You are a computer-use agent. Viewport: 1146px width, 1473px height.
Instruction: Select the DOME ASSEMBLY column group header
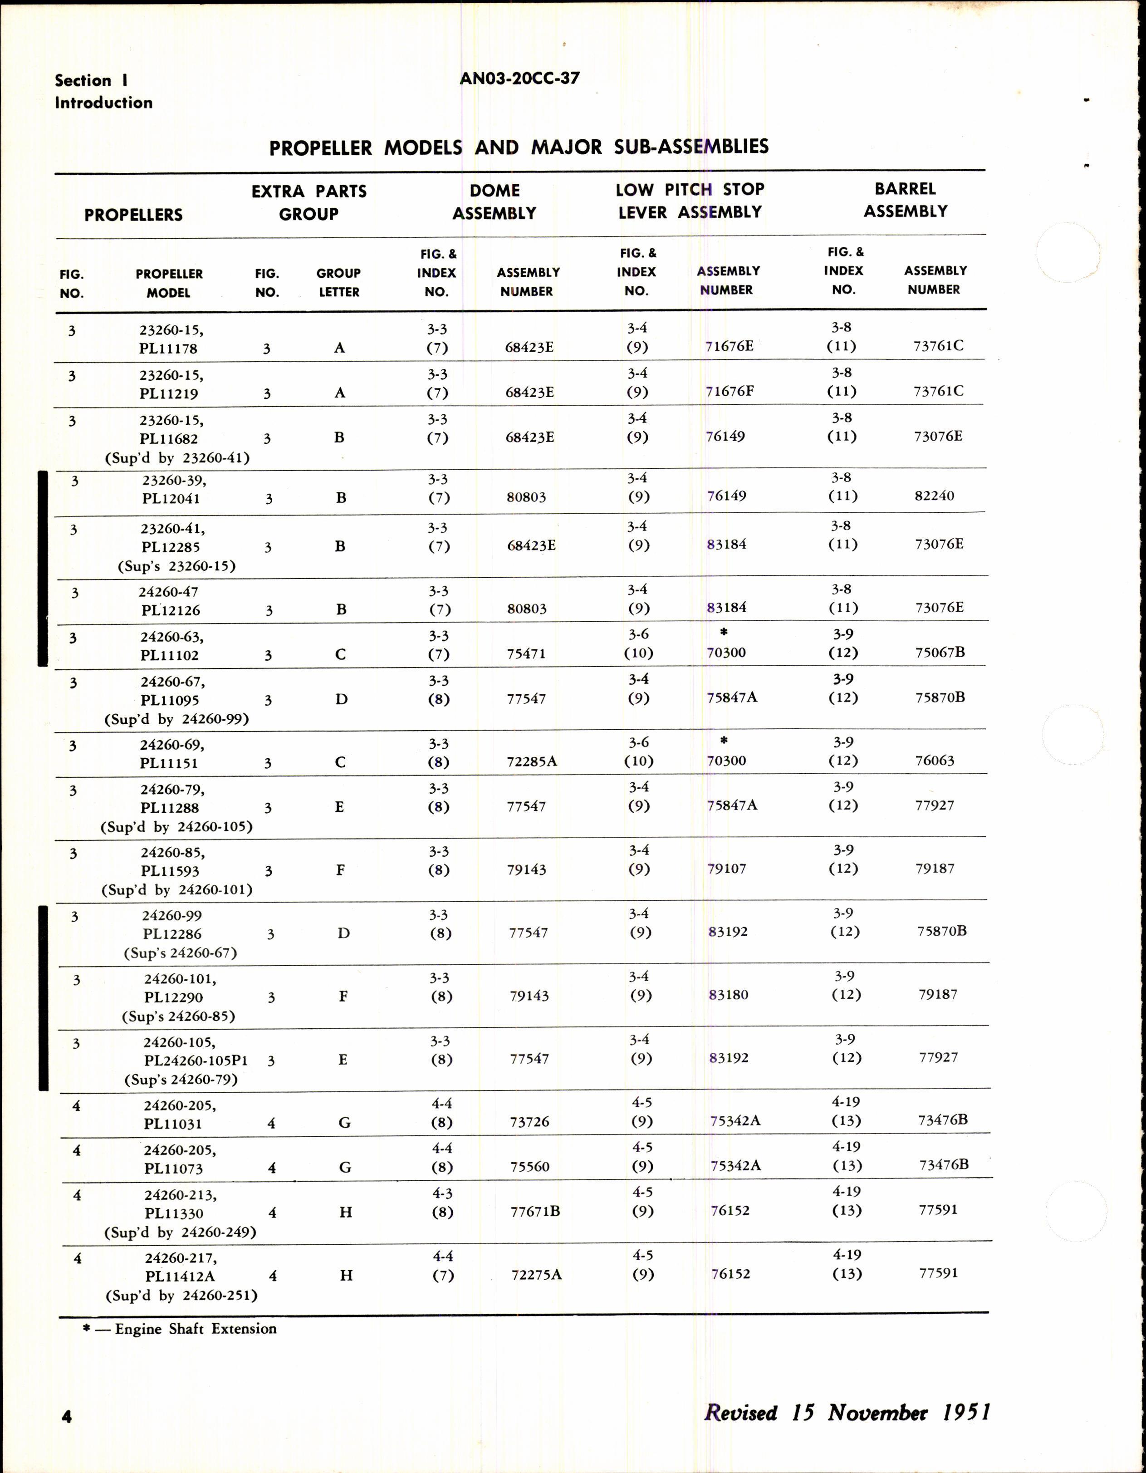[494, 201]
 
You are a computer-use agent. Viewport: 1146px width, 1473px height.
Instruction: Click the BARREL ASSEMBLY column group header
[906, 200]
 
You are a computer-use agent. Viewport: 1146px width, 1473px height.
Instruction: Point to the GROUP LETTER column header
[338, 283]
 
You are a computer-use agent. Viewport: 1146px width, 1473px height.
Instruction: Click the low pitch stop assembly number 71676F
[730, 391]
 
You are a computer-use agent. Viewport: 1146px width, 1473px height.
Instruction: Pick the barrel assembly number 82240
[934, 496]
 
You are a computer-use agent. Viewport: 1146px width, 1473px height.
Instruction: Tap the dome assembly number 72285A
[532, 761]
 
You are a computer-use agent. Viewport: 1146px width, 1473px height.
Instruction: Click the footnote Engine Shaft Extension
[196, 1329]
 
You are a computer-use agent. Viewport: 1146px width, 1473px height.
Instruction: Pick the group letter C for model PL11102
[340, 655]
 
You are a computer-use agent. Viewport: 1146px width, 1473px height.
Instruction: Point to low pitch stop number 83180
[729, 995]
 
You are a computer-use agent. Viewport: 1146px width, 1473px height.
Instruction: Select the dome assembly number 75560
[530, 1167]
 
